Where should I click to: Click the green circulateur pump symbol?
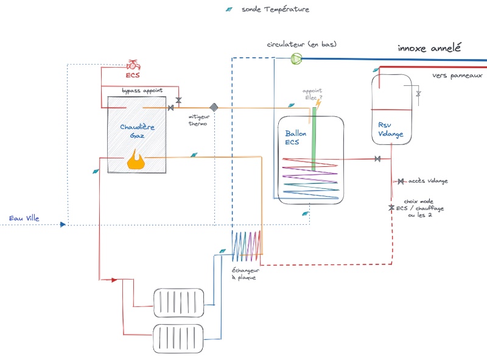[296, 58]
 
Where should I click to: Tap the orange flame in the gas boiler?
[136, 160]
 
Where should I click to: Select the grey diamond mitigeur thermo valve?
[214, 107]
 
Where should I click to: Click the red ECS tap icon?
[133, 65]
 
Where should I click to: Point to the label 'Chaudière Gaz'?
[137, 131]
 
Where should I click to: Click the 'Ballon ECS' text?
[295, 138]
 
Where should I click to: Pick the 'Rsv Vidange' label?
[390, 129]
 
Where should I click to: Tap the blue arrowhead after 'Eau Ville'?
[63, 224]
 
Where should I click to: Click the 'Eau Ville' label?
[24, 218]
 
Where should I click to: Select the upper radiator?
[178, 303]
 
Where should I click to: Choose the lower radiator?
[178, 339]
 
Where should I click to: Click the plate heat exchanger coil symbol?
[247, 245]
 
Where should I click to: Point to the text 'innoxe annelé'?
[429, 48]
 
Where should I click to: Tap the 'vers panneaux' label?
[457, 76]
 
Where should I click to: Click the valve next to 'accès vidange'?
[401, 182]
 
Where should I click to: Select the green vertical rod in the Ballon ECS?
[314, 139]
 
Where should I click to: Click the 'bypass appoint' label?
[142, 91]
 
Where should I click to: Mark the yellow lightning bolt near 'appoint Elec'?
[318, 104]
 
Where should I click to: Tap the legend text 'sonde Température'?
[275, 9]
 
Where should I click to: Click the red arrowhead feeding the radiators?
[114, 280]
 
